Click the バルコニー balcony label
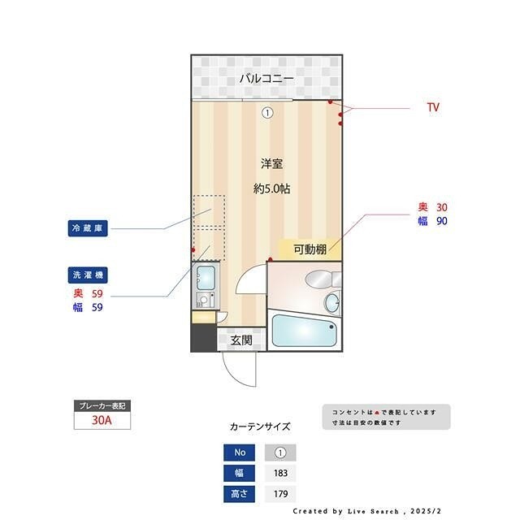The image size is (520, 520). tap(266, 79)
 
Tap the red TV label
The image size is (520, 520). tap(433, 107)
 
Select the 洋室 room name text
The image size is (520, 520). tap(271, 163)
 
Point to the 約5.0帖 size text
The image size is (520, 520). tap(271, 188)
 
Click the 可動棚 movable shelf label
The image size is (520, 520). tap(310, 249)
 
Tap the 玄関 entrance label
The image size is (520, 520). tap(241, 340)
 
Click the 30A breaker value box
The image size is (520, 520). tap(102, 422)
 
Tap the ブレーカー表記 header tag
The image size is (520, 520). tap(102, 405)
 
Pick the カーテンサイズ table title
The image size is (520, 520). tap(259, 426)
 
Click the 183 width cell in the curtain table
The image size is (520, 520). tap(280, 473)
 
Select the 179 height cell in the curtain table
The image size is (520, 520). tap(280, 493)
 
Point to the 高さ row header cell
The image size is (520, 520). tap(239, 493)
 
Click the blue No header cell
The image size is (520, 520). tap(239, 453)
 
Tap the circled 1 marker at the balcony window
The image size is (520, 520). tap(266, 113)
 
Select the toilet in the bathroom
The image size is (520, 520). tap(332, 302)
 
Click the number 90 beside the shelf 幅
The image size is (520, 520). tap(441, 220)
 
